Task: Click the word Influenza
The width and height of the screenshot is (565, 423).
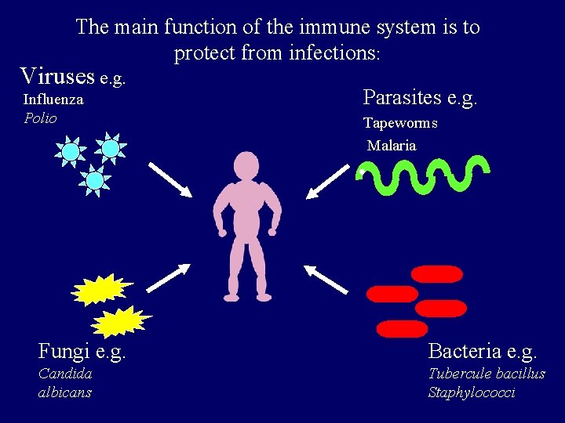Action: (53, 100)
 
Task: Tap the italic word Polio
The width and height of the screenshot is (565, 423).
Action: (40, 118)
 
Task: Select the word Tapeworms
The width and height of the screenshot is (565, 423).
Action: (400, 123)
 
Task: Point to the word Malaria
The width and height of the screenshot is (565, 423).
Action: (392, 146)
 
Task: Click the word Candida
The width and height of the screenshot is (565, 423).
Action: (65, 374)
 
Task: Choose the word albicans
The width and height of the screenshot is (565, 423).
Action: (65, 392)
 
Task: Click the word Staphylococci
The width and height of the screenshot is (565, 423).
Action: (472, 392)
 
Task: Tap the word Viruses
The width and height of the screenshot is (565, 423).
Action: (58, 76)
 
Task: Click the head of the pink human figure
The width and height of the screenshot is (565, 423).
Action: (246, 167)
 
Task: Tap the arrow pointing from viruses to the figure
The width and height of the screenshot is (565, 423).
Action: (169, 179)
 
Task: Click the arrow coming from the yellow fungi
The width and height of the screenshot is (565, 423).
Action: (169, 278)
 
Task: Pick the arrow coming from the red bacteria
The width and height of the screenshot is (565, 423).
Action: (326, 279)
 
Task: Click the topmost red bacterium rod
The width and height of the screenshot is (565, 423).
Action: (437, 274)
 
